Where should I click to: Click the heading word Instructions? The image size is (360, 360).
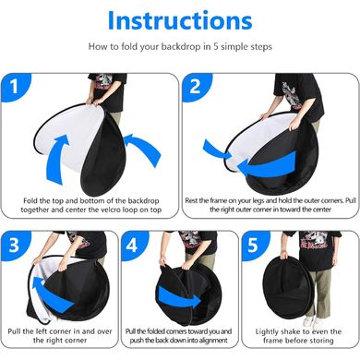(180, 20)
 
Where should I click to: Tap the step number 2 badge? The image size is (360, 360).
(196, 87)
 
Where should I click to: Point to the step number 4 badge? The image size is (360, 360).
(133, 246)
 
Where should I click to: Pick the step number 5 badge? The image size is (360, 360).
(254, 246)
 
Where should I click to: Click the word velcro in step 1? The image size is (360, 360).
(121, 210)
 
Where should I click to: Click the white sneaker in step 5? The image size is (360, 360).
(309, 320)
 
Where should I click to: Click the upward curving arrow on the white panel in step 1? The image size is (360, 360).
(57, 158)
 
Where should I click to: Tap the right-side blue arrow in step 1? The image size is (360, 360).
(144, 148)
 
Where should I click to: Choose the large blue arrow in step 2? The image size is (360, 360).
(267, 164)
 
